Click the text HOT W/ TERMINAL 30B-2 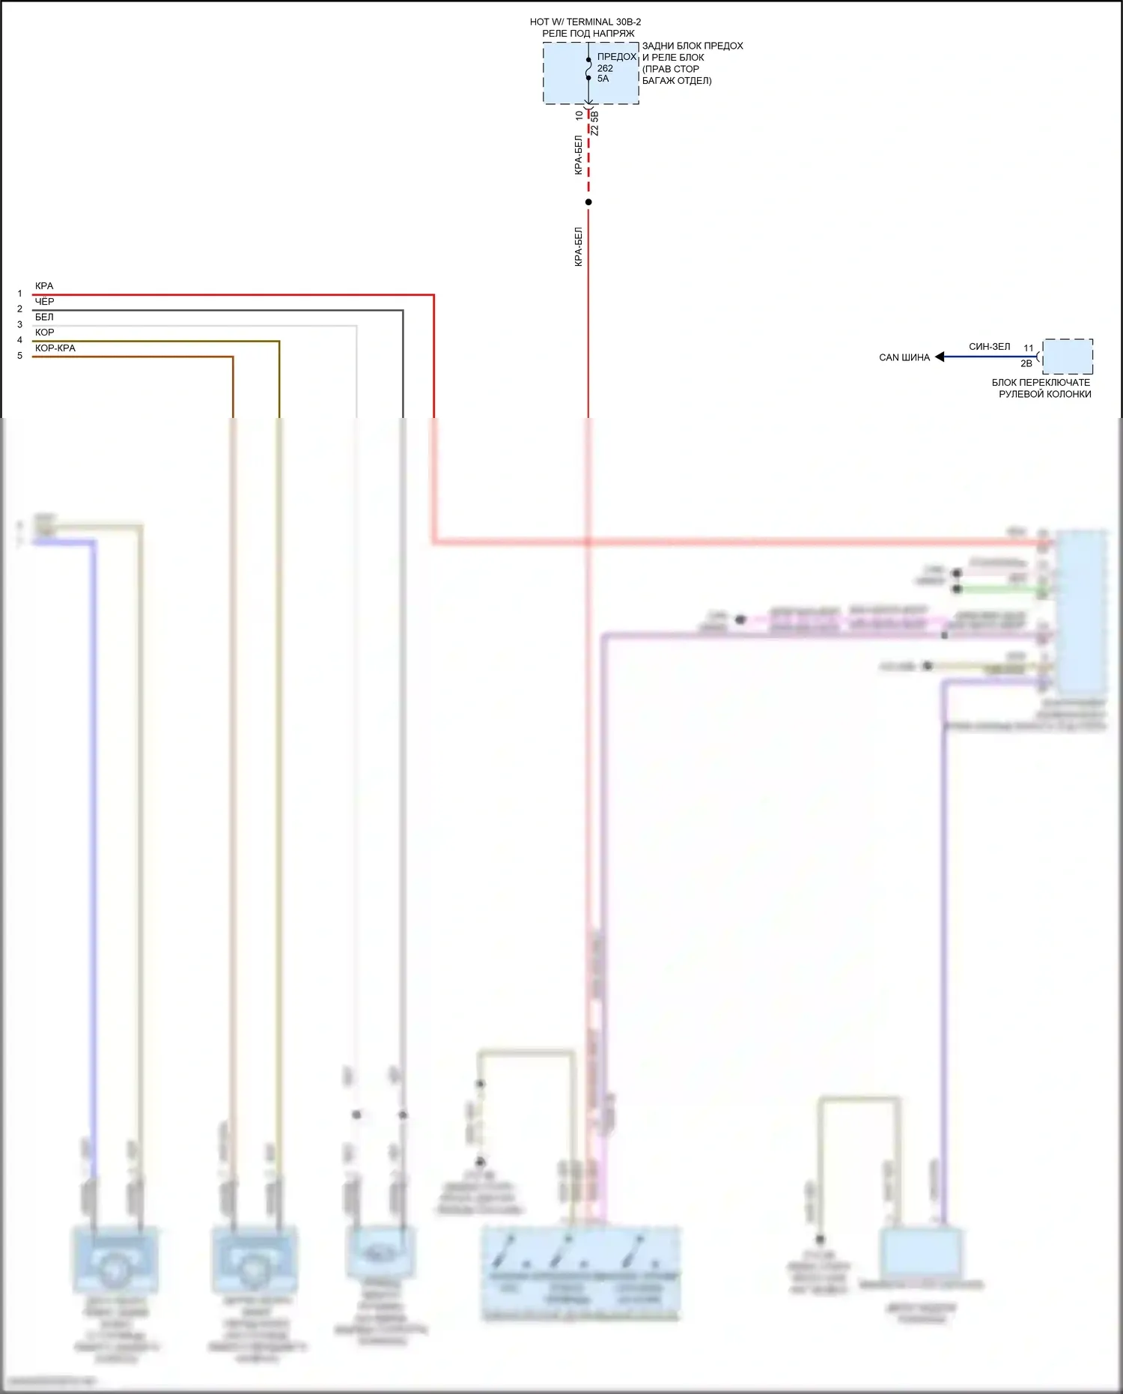pyautogui.click(x=585, y=22)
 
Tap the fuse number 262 pyautogui.click(x=605, y=68)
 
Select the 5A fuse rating pyautogui.click(x=603, y=79)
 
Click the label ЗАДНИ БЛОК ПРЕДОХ pyautogui.click(x=693, y=46)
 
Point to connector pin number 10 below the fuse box pyautogui.click(x=579, y=115)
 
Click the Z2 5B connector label pyautogui.click(x=595, y=124)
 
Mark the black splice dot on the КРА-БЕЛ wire pyautogui.click(x=588, y=202)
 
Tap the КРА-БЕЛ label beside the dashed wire pyautogui.click(x=578, y=155)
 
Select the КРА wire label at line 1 pyautogui.click(x=44, y=286)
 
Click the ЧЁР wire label pyautogui.click(x=44, y=302)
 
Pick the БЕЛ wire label pyautogui.click(x=44, y=317)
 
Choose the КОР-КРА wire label pyautogui.click(x=55, y=348)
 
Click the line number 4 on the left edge pyautogui.click(x=19, y=340)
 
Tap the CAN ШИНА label pyautogui.click(x=904, y=357)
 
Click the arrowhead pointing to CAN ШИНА pyautogui.click(x=940, y=357)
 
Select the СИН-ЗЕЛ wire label pyautogui.click(x=989, y=347)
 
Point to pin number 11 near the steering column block pyautogui.click(x=1028, y=348)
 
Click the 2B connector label pyautogui.click(x=1026, y=364)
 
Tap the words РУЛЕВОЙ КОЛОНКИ pyautogui.click(x=1044, y=394)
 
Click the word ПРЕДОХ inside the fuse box pyautogui.click(x=616, y=57)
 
